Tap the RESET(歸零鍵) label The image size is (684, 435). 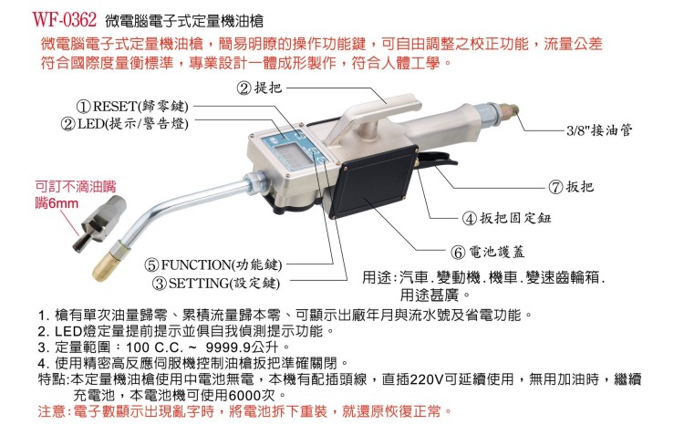pos(133,106)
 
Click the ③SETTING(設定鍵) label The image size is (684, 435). pos(219,283)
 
